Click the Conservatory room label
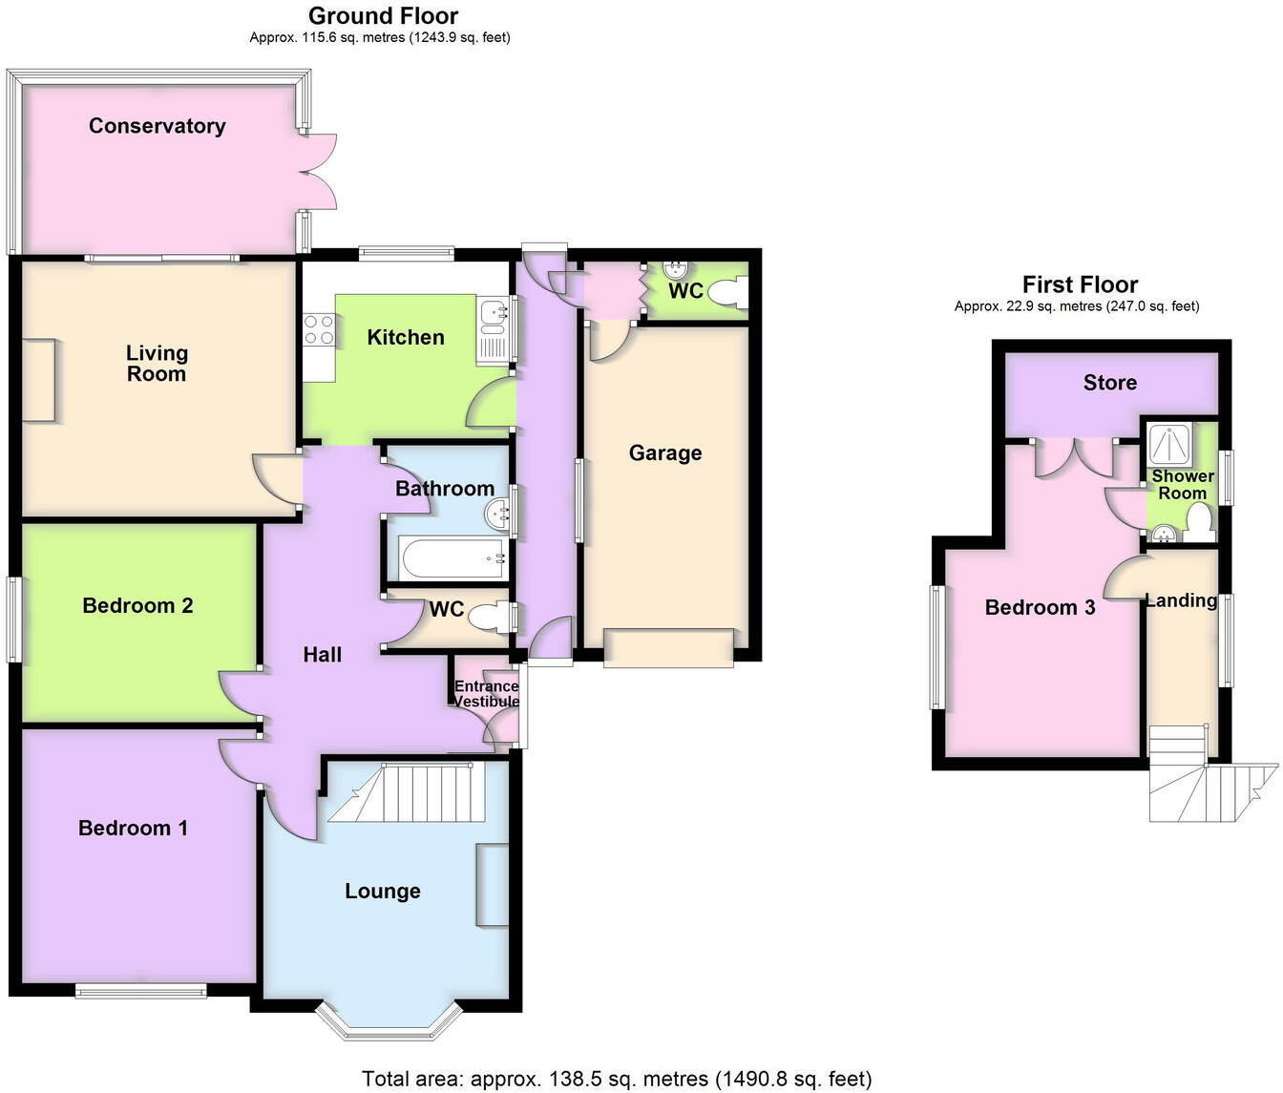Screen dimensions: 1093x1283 157,126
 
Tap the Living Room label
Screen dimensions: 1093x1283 157,364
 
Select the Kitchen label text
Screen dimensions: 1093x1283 406,337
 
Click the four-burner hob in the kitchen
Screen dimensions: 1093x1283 319,330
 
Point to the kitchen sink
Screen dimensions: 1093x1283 494,311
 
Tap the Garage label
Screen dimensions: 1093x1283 664,453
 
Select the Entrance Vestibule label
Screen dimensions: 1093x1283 486,694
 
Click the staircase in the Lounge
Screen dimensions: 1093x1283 420,791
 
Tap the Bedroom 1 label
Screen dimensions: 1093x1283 133,829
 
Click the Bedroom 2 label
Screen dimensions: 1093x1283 137,605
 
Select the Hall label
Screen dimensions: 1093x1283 323,655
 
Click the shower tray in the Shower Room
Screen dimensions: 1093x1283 1167,443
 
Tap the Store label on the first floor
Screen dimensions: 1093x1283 1109,383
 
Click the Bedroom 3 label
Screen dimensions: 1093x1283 1040,607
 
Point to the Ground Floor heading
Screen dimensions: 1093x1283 383,16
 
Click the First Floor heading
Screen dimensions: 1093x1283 1080,284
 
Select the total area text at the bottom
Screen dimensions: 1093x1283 617,1079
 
